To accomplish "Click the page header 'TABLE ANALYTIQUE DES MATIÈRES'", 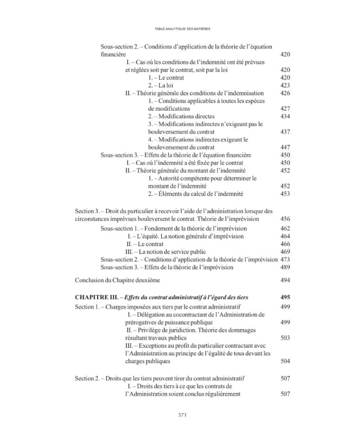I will pyautogui.click(x=180, y=28).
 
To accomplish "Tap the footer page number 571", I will pyautogui.click(x=180, y=415).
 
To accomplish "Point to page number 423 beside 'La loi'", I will pyautogui.click(x=285, y=85).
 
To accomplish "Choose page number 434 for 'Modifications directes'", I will pyautogui.click(x=285, y=116).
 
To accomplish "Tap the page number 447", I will pyautogui.click(x=285, y=148).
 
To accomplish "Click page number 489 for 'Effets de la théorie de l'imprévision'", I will pyautogui.click(x=285, y=267).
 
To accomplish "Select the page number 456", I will pyautogui.click(x=285, y=219).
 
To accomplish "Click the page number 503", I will pyautogui.click(x=285, y=338).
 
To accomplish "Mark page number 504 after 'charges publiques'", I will pyautogui.click(x=285, y=361).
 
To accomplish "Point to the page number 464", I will pyautogui.click(x=285, y=236).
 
